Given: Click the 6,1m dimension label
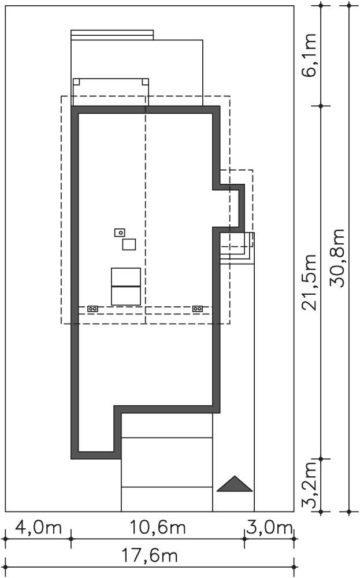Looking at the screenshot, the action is (309, 55).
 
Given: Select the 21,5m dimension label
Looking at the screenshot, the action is (309, 282).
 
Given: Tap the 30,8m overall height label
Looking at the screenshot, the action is (337, 258).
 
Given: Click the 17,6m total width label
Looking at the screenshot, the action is (150, 555).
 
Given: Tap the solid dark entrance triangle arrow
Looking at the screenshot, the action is (235, 484).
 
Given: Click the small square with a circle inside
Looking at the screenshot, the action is (120, 232).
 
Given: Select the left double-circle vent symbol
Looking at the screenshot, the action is (93, 309).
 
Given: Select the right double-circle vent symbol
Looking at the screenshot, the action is (198, 309).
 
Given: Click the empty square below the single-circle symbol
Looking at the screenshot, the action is (129, 244).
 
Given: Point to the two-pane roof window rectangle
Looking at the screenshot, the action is (125, 287).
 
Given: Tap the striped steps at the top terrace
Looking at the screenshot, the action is (112, 35).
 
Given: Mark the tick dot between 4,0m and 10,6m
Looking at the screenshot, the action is (71, 539).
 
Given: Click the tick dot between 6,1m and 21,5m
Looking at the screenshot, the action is (321, 106).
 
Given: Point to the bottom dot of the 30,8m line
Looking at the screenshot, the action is (350, 512).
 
